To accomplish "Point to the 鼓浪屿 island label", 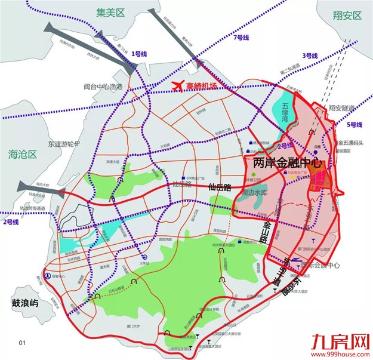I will pos(20,302).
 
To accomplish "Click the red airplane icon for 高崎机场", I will pos(177,87).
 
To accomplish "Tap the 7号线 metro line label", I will pos(242,38).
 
